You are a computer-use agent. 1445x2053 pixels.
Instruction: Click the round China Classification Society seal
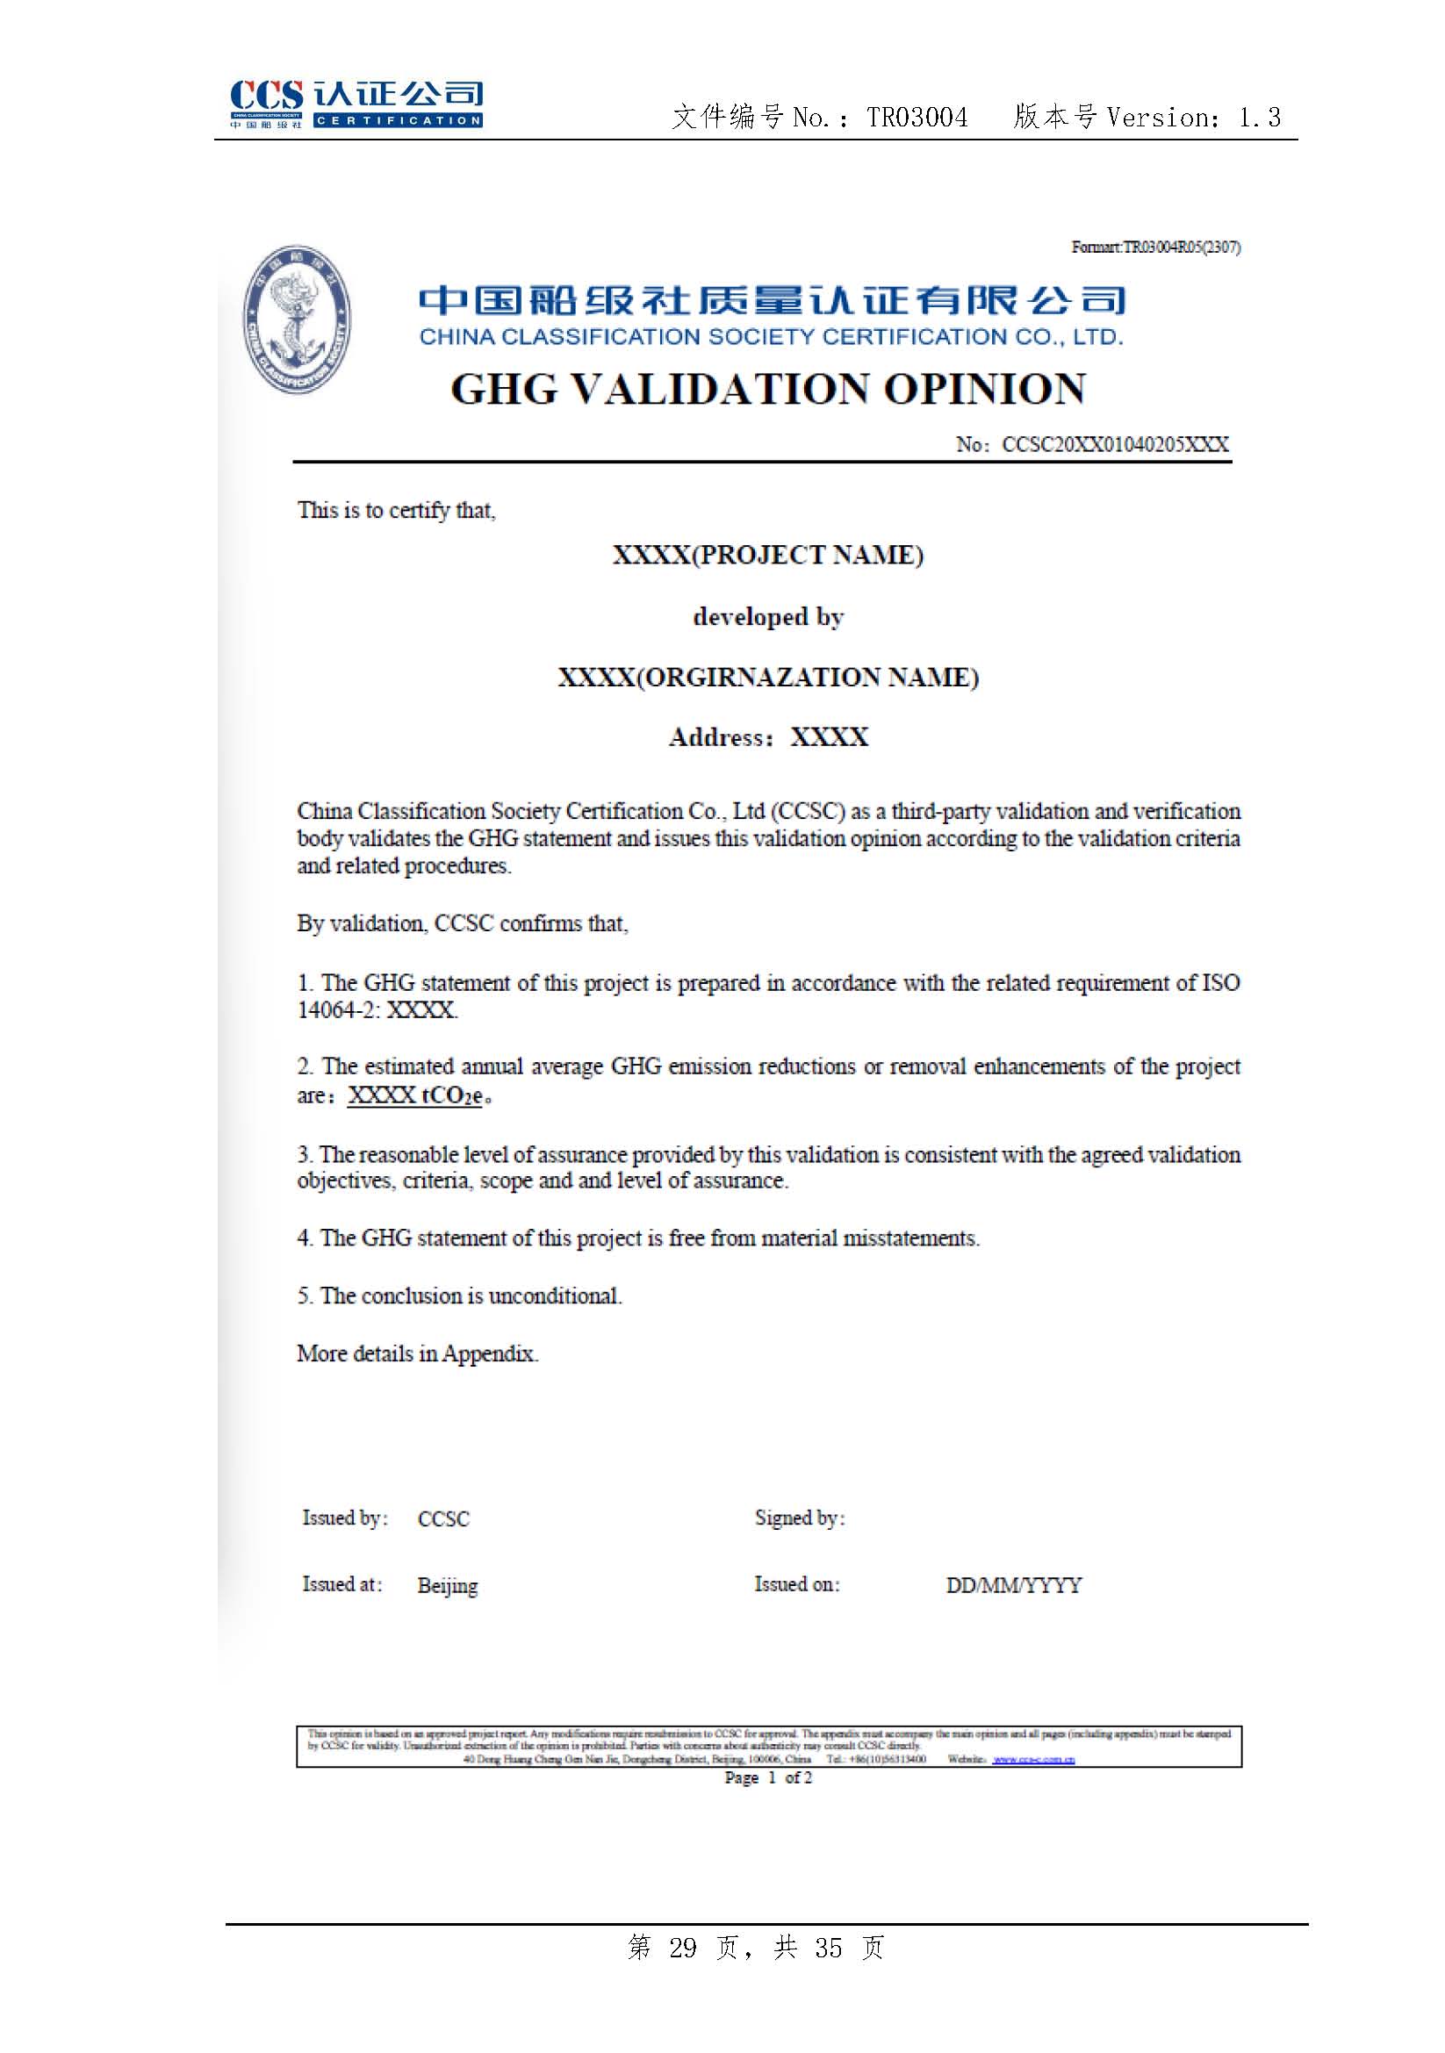(x=297, y=319)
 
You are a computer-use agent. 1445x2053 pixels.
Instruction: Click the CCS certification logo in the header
(x=356, y=104)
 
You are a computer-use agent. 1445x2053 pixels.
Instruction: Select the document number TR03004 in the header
(x=917, y=117)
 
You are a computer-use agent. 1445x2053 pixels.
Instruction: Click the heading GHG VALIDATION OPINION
(x=768, y=389)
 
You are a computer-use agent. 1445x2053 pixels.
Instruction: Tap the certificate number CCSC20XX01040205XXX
(x=1115, y=444)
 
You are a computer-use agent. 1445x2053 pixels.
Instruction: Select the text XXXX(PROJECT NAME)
(x=768, y=556)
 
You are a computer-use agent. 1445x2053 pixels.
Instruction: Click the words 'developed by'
(x=768, y=617)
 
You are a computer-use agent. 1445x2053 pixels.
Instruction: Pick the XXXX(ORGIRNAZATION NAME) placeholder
(x=768, y=677)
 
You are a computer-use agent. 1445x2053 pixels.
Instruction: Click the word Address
(x=716, y=736)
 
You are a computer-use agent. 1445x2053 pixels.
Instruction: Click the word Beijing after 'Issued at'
(x=447, y=1585)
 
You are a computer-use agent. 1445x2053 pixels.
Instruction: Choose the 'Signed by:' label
(x=800, y=1518)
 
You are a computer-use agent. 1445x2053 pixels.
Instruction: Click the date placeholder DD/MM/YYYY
(x=1013, y=1585)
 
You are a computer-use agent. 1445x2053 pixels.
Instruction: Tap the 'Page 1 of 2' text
(x=768, y=1777)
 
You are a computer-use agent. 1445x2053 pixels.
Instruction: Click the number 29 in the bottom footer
(x=682, y=1948)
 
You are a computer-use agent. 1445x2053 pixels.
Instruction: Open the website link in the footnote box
(x=1033, y=1760)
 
